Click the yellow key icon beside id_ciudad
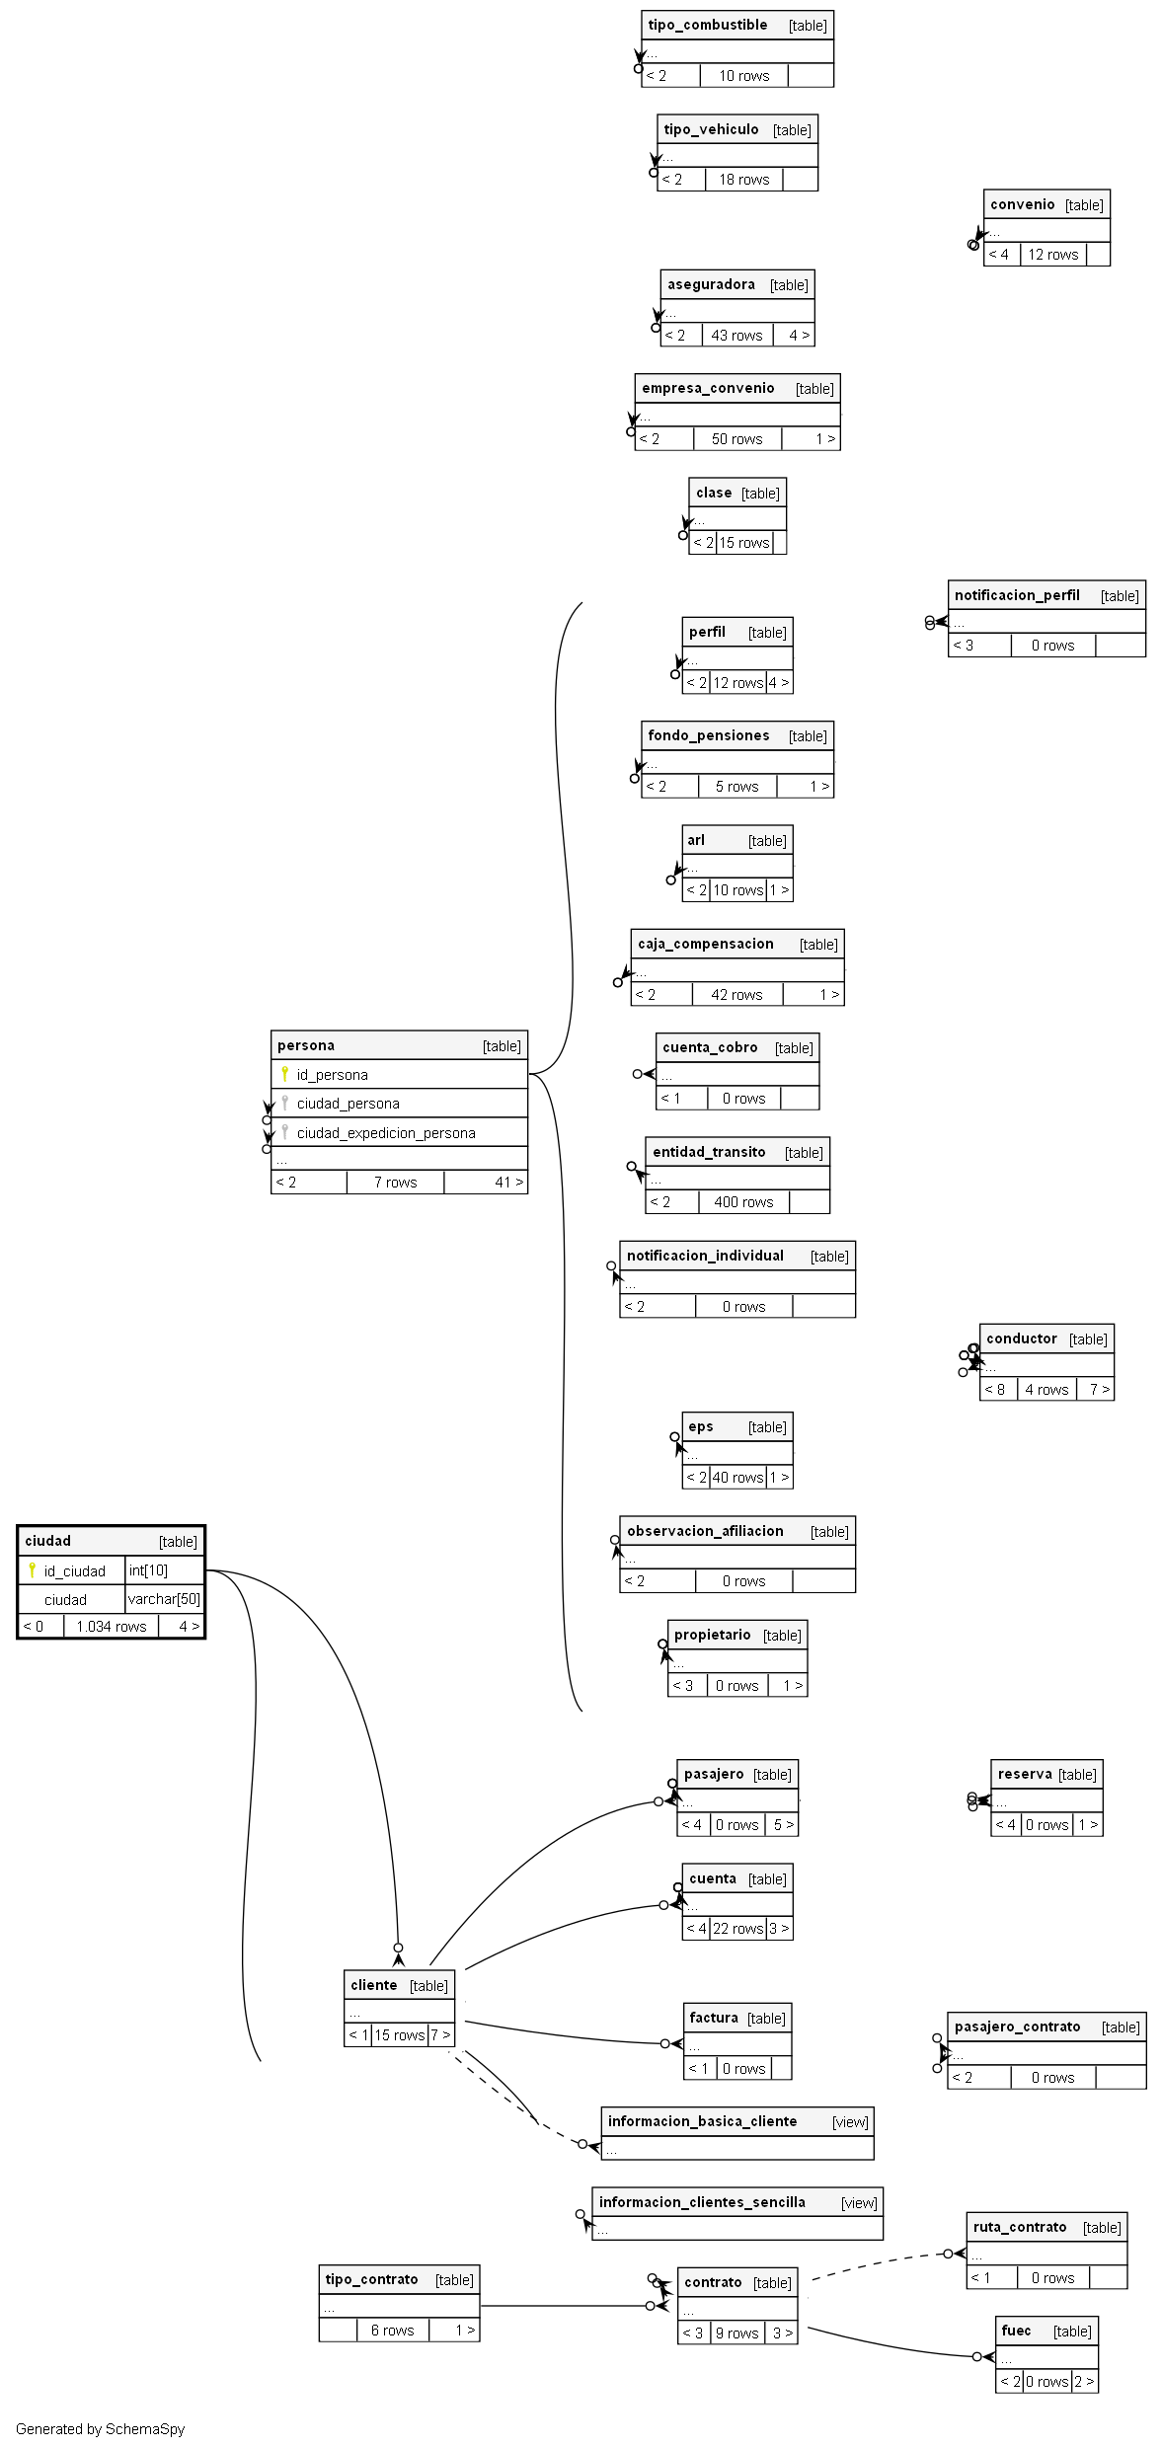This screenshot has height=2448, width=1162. (32, 1569)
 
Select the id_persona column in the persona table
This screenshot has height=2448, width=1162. (332, 1075)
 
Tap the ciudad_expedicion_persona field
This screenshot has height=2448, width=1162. (386, 1133)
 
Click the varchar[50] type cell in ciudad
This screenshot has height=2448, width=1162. (164, 1599)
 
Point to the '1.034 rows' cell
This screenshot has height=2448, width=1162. (111, 1627)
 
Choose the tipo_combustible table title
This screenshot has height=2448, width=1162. (707, 26)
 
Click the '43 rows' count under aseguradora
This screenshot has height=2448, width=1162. (736, 336)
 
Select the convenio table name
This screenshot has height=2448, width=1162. (1022, 204)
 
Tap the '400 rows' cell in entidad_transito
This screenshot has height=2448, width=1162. (743, 1202)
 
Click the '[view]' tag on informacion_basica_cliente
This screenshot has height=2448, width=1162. (850, 2122)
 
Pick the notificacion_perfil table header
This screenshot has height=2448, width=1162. (1017, 595)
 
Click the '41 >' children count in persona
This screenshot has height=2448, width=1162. (508, 1183)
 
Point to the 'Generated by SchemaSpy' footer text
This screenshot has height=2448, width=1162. (100, 2429)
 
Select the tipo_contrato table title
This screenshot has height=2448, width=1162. (371, 2279)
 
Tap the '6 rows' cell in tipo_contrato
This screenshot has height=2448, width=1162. (392, 2331)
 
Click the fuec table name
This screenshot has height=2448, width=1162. (1016, 2331)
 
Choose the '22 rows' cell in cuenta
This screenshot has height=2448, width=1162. (738, 1929)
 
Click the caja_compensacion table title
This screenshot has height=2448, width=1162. (705, 944)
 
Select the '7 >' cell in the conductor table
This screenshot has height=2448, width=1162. (1099, 1390)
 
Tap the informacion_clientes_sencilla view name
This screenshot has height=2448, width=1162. (702, 2202)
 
